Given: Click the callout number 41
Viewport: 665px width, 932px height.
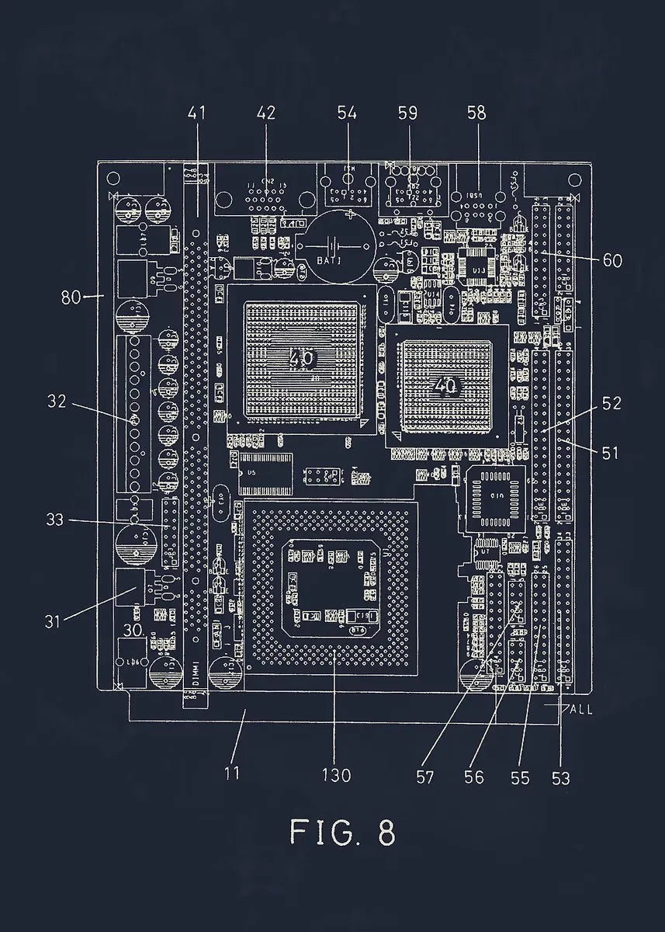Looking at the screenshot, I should [197, 113].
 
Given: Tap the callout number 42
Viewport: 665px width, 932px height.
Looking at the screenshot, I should [265, 113].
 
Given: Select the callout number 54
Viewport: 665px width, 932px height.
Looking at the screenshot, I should [347, 113].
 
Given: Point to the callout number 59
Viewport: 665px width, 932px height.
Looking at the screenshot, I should [407, 113].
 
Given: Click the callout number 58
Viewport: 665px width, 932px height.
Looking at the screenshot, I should [476, 113].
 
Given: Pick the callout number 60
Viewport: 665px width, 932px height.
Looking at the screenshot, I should [612, 261].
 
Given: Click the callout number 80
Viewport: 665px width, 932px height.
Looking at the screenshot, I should [71, 296].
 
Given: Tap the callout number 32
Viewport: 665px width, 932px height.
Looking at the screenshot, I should [57, 402].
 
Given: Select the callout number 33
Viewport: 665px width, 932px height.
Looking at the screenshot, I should [54, 520].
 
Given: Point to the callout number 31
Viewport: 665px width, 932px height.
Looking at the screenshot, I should [54, 622].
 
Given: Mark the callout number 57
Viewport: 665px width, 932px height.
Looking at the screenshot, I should [424, 776].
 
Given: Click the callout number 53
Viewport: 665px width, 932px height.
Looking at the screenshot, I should [560, 776].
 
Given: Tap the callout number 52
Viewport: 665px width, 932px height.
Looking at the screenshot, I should [611, 403].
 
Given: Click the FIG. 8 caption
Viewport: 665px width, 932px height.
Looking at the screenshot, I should [342, 832].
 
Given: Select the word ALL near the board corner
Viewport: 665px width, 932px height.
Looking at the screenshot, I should [581, 710].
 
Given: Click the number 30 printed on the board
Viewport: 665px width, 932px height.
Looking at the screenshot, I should [134, 631].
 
